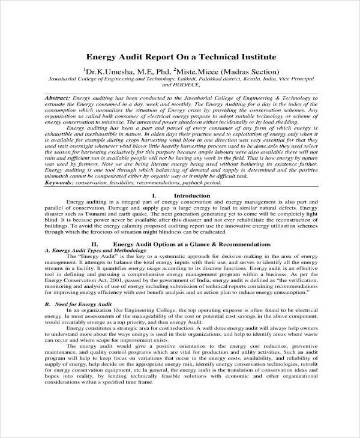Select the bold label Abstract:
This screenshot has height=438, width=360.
(58, 97)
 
